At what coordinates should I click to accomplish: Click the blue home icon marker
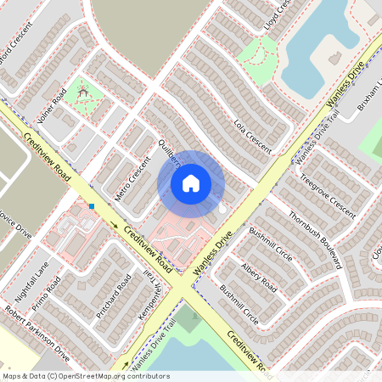(x=191, y=183)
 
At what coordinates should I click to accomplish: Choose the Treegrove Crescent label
(x=328, y=195)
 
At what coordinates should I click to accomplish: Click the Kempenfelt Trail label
(x=154, y=294)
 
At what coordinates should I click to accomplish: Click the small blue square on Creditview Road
(x=91, y=205)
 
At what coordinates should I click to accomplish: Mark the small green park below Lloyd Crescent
(x=256, y=56)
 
